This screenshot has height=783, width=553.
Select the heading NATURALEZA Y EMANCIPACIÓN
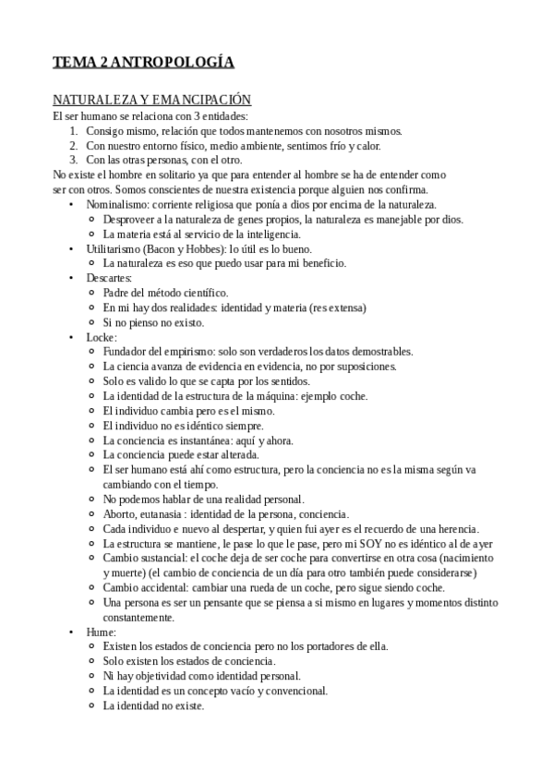(151, 100)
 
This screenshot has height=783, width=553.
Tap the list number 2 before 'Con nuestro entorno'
(73, 145)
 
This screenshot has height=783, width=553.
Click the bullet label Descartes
(109, 278)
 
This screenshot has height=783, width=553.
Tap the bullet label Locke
(102, 337)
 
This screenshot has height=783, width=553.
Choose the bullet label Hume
(101, 632)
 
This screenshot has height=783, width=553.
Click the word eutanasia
(166, 513)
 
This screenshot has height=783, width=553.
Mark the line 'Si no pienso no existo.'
(153, 322)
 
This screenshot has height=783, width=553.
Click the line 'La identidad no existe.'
(153, 705)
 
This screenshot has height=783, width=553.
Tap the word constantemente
(138, 617)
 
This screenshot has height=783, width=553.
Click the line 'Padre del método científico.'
(165, 293)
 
